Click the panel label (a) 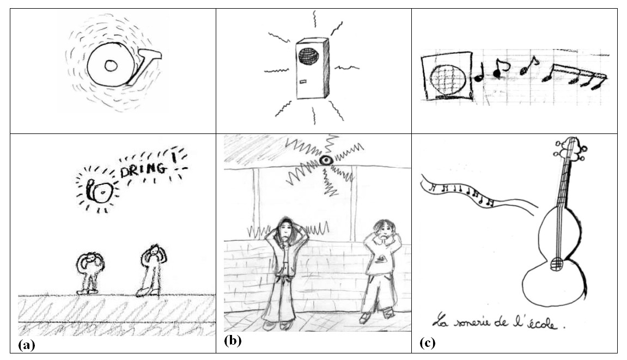tap(26, 345)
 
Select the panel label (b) tap(233, 340)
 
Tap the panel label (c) tap(428, 343)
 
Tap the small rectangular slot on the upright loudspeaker tap(303, 82)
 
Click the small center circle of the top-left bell tap(111, 65)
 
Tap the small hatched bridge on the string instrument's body tap(556, 263)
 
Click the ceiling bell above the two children tap(326, 161)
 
